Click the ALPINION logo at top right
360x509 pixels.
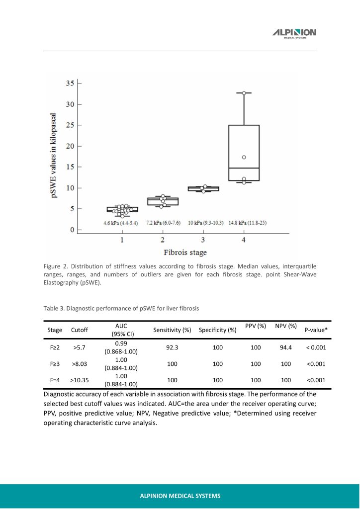294,33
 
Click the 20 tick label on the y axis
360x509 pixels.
71,146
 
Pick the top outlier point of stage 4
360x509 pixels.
244,93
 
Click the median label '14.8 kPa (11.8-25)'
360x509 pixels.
247,223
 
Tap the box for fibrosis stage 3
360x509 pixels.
203,189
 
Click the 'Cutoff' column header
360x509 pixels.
80,330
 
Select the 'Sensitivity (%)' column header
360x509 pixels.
172,330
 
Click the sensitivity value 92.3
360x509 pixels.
172,347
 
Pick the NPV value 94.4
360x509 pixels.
285,347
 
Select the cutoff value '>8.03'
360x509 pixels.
80,364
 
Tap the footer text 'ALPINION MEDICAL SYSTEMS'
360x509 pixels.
180,496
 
